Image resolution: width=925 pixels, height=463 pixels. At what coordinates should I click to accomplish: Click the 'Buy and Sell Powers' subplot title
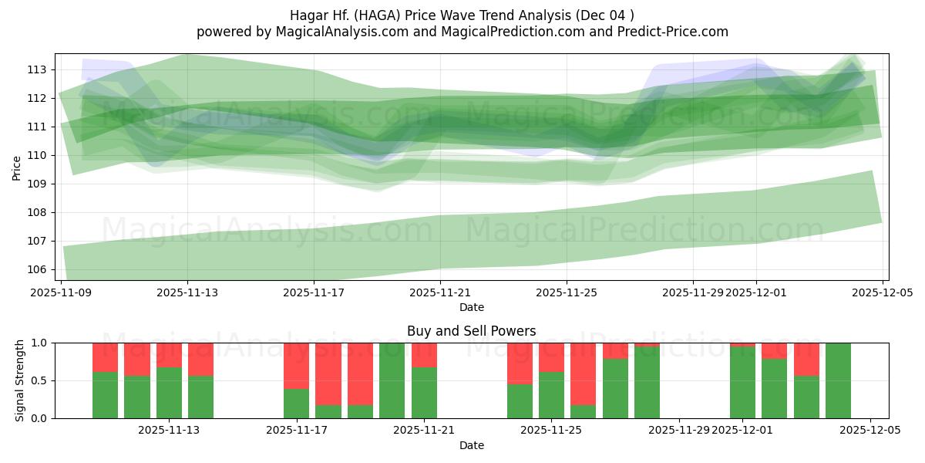[x=471, y=331]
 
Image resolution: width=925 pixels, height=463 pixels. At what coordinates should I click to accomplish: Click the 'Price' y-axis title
[x=17, y=167]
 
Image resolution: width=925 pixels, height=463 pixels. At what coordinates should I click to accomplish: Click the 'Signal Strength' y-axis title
[x=20, y=380]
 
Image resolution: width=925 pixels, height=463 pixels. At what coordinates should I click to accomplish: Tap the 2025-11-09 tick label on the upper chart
[x=62, y=292]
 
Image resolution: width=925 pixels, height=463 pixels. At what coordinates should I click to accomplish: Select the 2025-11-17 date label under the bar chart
[x=296, y=431]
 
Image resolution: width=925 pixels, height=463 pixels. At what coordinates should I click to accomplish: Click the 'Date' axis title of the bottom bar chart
[x=471, y=445]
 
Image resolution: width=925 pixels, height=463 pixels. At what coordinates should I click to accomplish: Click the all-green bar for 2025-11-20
[x=392, y=380]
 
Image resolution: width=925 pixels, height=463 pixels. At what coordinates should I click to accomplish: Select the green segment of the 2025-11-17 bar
[x=296, y=404]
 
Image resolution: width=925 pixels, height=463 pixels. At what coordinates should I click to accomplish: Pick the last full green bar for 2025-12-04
[x=838, y=380]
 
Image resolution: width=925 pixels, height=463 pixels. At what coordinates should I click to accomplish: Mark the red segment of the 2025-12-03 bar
[x=806, y=359]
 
